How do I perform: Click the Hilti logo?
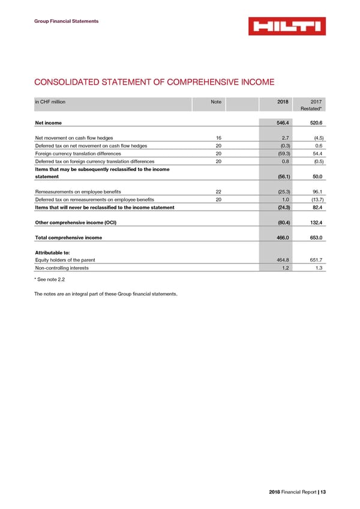pos(287,26)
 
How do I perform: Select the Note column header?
pos(216,102)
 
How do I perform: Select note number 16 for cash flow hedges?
pos(218,138)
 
